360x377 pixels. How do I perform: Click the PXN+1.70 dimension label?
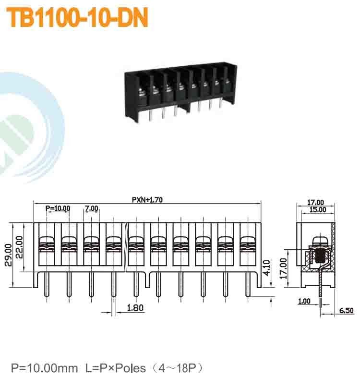pos(148,200)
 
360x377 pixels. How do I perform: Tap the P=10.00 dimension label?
pos(58,208)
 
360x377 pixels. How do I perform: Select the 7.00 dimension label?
pos(91,208)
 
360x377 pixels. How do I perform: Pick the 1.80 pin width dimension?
pos(135,308)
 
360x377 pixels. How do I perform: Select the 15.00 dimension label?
pos(316,210)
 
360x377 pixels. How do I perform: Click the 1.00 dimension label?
pos(304,302)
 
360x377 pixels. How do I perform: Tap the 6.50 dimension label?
pos(346,311)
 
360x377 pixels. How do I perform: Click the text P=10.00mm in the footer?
pos(44,368)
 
